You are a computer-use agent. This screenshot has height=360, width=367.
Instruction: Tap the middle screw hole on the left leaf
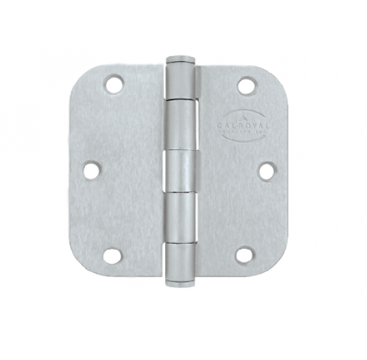click(92, 170)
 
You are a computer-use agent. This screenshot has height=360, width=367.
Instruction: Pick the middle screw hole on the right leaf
click(265, 170)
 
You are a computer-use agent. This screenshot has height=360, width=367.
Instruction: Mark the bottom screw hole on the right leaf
click(245, 255)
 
